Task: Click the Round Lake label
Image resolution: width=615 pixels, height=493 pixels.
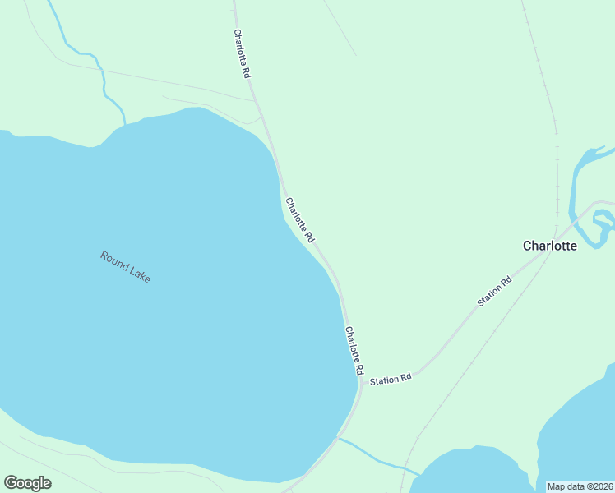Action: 126,267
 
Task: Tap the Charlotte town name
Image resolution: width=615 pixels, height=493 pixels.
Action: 550,245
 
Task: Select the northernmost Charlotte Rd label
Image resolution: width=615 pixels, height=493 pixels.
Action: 242,53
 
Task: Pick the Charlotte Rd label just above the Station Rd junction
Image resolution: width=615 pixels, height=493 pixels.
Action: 354,351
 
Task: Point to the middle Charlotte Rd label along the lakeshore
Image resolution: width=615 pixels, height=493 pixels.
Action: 300,219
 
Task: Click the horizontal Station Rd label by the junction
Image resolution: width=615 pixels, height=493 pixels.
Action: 391,380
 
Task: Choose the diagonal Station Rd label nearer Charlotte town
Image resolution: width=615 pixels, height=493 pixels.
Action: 494,292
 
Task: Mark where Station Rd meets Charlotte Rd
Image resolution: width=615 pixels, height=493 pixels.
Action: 360,382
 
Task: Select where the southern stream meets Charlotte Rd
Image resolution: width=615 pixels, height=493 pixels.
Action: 338,438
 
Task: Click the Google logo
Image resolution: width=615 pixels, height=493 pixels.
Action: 27,483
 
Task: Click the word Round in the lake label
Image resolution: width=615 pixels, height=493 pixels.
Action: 114,260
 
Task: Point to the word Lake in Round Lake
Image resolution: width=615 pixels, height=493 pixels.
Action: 140,275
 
